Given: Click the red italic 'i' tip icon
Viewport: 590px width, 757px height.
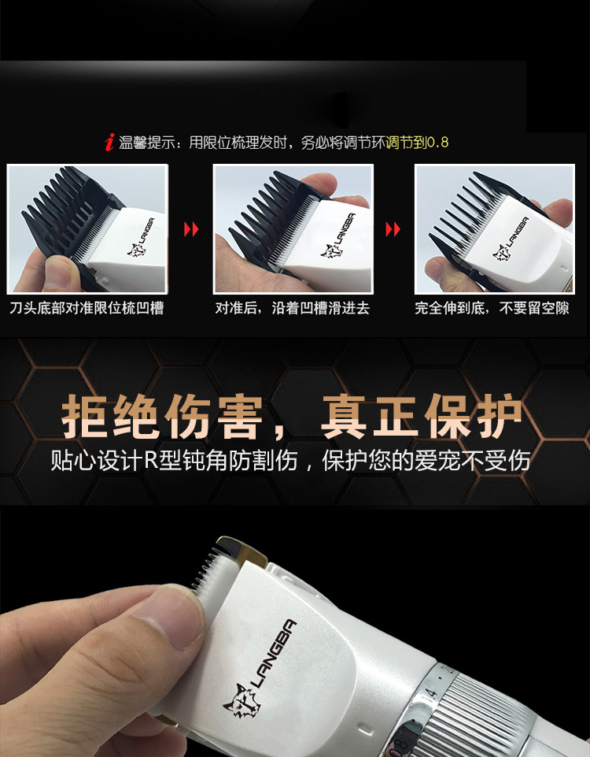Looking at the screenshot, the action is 110,142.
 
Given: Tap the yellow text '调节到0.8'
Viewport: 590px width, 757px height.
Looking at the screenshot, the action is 417,143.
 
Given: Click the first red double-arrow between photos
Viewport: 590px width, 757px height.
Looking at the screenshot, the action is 191,229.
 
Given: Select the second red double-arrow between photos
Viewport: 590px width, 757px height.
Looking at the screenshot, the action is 393,229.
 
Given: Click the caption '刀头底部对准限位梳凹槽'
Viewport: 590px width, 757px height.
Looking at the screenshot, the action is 87,308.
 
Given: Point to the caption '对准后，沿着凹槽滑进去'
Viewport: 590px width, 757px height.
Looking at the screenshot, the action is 292,308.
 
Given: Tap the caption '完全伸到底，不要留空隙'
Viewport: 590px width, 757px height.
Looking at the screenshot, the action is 492,308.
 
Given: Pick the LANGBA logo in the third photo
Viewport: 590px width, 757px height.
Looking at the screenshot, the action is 511,238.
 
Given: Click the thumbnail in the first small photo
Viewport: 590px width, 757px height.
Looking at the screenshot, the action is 60,273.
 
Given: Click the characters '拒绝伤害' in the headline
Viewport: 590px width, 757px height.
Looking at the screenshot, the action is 161,416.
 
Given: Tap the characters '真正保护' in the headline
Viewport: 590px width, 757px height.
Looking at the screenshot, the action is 422,416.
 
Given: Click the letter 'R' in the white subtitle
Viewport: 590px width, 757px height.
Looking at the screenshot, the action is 151,461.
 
